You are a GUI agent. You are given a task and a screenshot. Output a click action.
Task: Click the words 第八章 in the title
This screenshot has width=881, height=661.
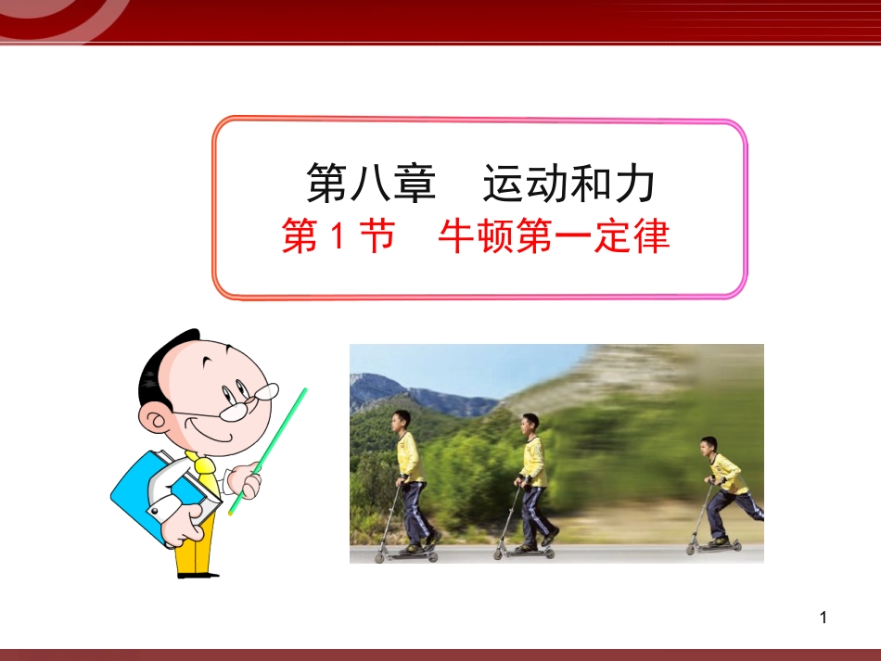[371, 184]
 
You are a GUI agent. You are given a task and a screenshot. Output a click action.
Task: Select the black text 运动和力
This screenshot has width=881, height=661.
[568, 184]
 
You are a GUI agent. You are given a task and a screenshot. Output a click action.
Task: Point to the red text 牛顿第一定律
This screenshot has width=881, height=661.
[554, 237]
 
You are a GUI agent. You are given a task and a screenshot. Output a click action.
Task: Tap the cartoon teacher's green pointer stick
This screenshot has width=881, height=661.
[269, 449]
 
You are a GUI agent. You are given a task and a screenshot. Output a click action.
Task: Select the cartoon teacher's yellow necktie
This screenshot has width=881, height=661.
[206, 472]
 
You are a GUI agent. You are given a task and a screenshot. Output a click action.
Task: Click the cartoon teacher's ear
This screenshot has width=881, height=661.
[154, 422]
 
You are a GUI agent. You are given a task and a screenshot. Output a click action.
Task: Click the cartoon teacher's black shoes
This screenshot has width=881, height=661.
[198, 574]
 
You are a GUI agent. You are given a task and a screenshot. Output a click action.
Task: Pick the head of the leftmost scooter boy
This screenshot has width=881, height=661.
[401, 421]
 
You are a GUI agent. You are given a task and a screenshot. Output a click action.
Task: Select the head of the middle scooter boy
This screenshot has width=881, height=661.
[530, 425]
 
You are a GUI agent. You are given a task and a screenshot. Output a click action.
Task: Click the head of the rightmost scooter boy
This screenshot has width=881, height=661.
[709, 448]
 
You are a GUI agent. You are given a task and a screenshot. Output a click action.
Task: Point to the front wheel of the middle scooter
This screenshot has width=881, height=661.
[499, 553]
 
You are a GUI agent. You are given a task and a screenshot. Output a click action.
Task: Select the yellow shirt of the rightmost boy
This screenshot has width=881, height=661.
[728, 474]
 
